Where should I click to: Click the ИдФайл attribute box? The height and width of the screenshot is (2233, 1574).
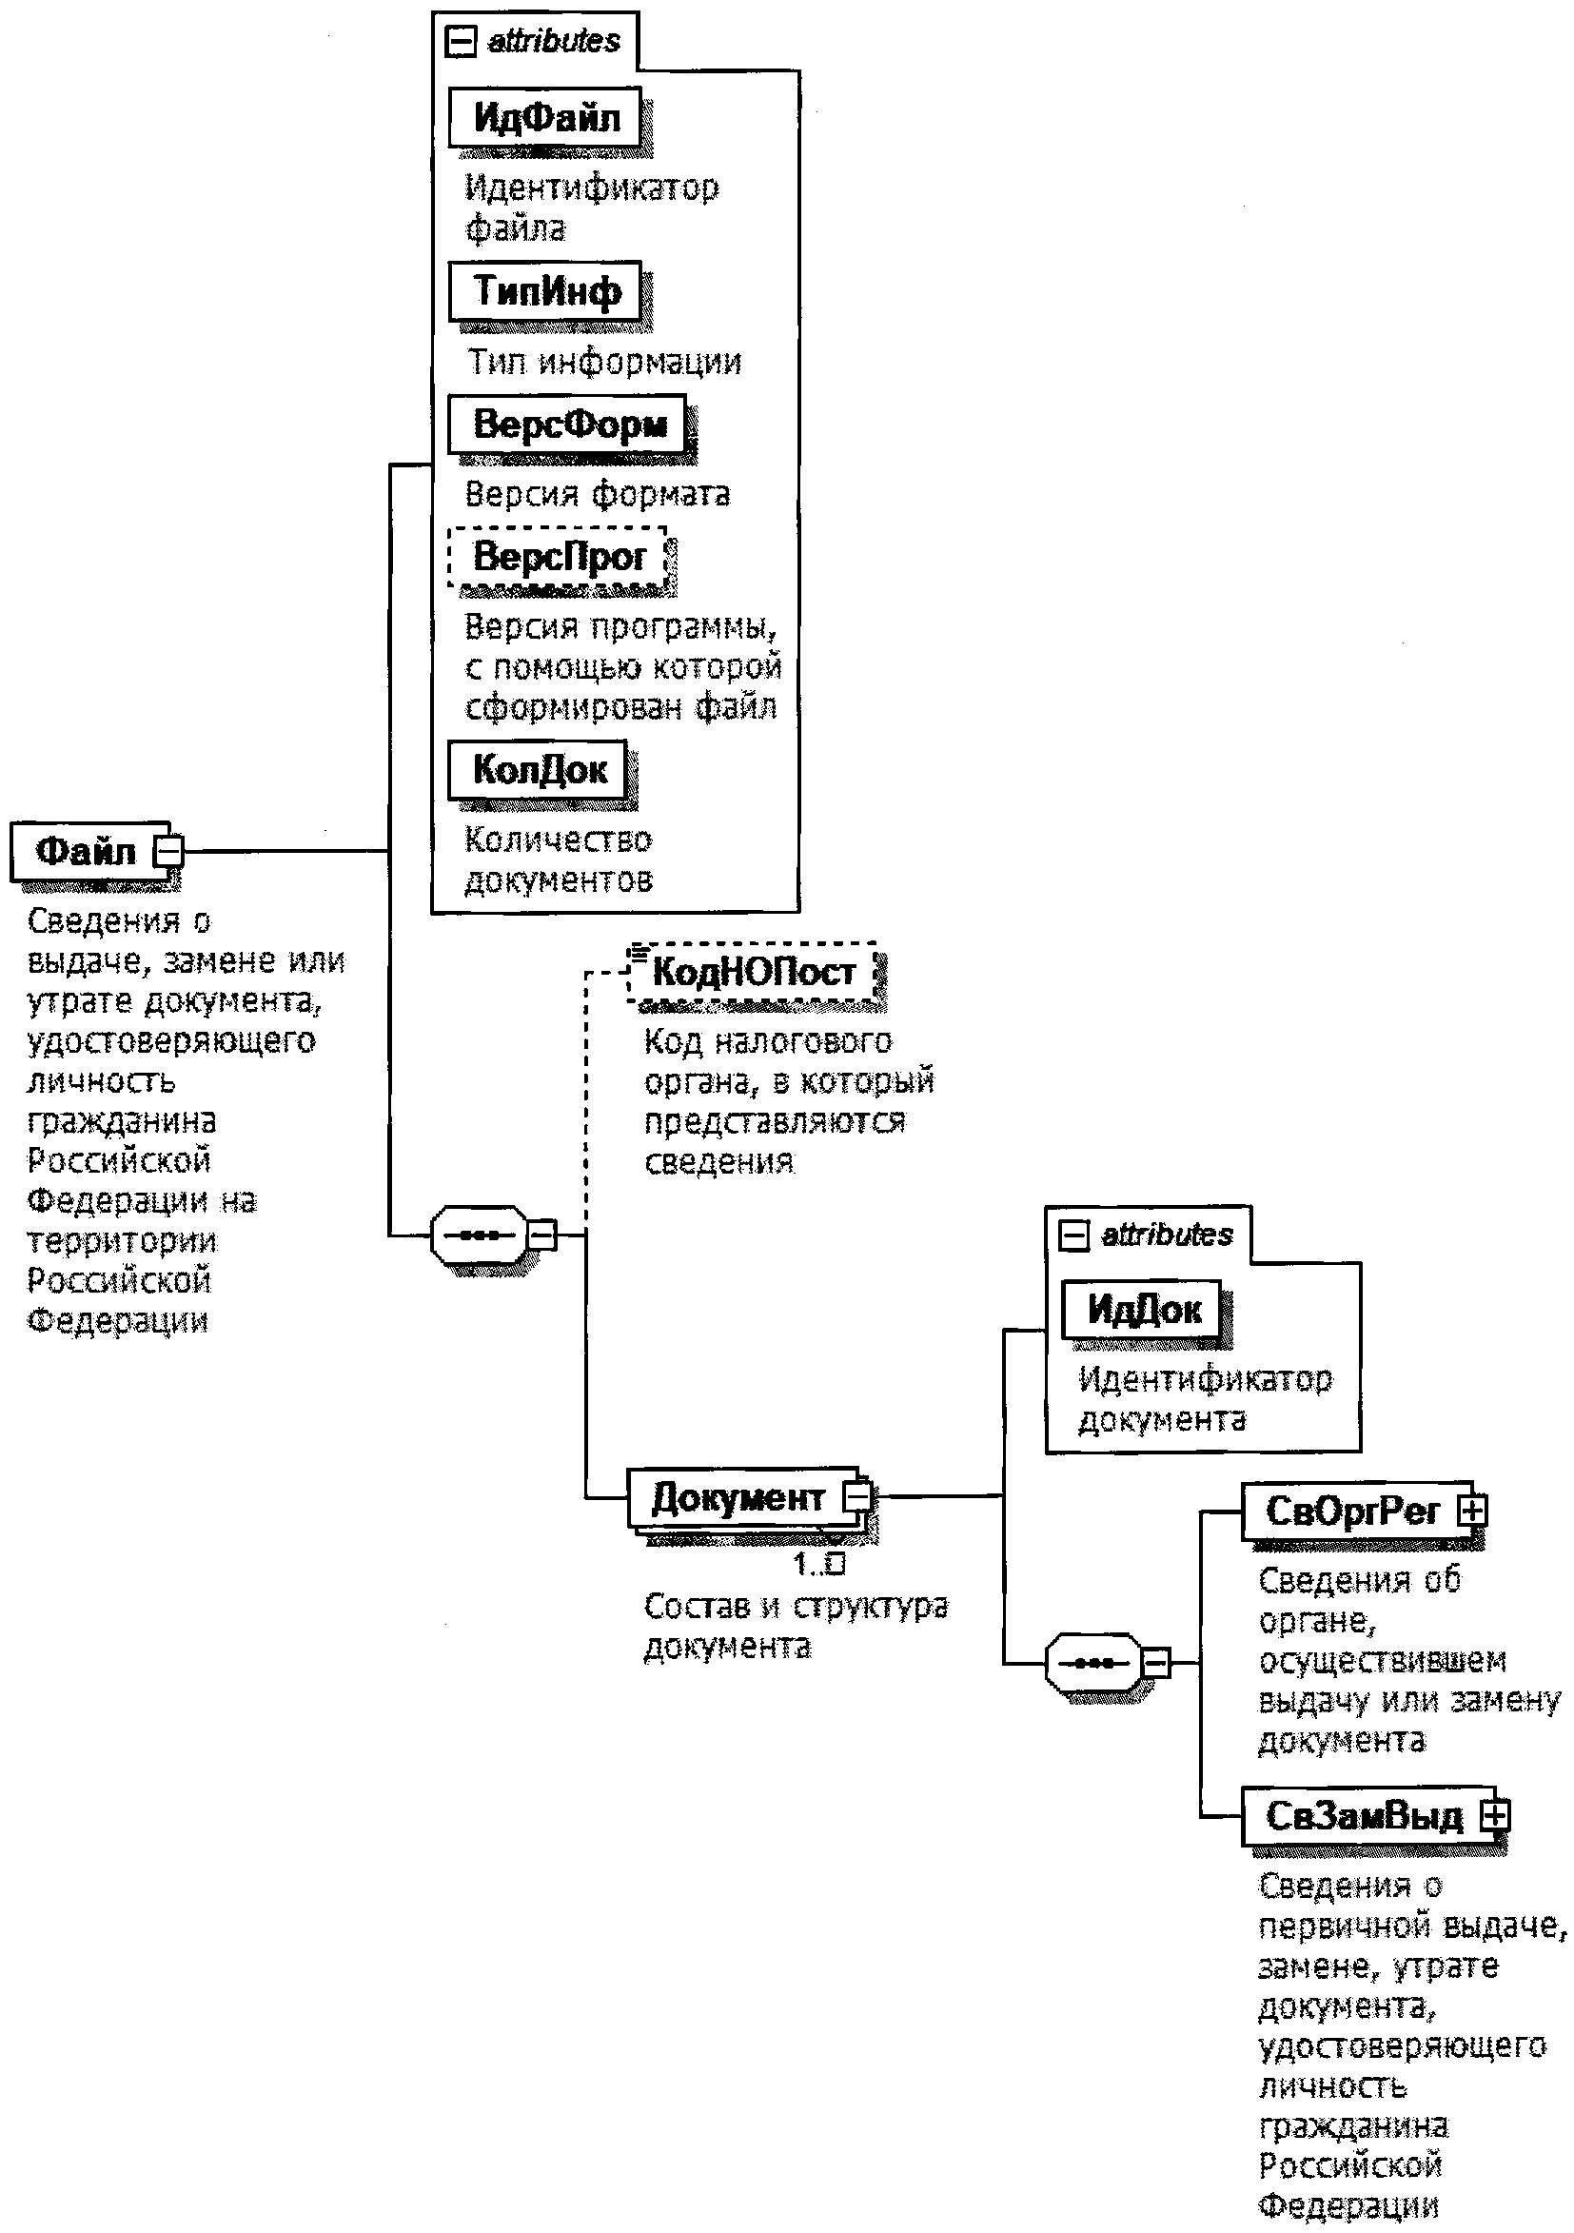(545, 118)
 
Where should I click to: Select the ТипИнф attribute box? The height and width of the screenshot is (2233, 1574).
(545, 291)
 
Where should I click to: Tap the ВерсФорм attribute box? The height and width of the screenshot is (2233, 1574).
(568, 424)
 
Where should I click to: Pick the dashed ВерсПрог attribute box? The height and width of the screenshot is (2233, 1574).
(558, 557)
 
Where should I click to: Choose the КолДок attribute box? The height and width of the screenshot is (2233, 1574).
(539, 770)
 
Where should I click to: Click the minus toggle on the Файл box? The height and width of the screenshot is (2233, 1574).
(169, 851)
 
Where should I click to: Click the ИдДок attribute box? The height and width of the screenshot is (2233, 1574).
(1143, 1310)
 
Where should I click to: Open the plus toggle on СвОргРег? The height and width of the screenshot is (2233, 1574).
(1472, 1511)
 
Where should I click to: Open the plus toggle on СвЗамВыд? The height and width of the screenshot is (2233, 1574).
(1495, 1815)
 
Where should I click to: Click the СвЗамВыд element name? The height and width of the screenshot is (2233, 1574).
(1363, 1816)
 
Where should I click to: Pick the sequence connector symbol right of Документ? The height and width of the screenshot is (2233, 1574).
(1093, 1663)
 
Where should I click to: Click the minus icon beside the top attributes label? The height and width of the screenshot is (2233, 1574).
(460, 42)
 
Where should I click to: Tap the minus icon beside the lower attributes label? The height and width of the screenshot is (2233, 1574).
(1073, 1236)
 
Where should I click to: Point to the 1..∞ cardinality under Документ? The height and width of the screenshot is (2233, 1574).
(818, 1564)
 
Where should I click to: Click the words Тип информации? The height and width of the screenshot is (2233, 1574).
(603, 362)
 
